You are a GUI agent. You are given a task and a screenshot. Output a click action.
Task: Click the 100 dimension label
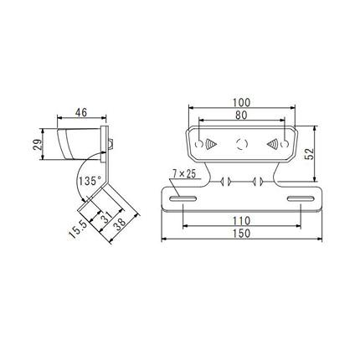tap(242, 102)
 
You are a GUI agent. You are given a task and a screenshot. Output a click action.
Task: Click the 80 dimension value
tap(241, 116)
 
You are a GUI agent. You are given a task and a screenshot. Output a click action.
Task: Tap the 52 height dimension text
tap(309, 154)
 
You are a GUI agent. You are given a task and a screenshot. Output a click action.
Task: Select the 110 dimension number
tap(241, 221)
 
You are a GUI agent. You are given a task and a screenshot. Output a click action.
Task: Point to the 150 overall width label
tap(241, 234)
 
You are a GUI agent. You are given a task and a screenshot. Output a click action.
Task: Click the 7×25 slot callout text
tap(183, 174)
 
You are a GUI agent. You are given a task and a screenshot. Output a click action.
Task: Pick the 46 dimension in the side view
tap(81, 112)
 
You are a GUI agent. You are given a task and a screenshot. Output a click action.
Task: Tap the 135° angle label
tap(89, 181)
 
